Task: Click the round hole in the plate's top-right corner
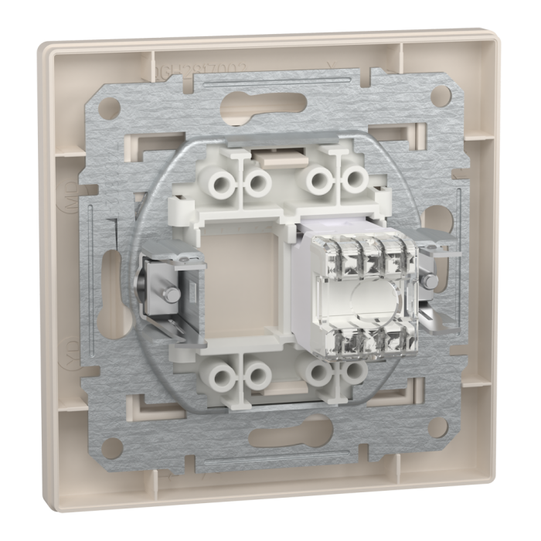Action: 441,96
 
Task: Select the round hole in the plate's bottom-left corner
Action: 111,446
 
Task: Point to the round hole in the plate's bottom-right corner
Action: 437,427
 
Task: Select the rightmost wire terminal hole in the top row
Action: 354,180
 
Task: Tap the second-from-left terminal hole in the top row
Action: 257,183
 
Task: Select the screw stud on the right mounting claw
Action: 430,280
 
